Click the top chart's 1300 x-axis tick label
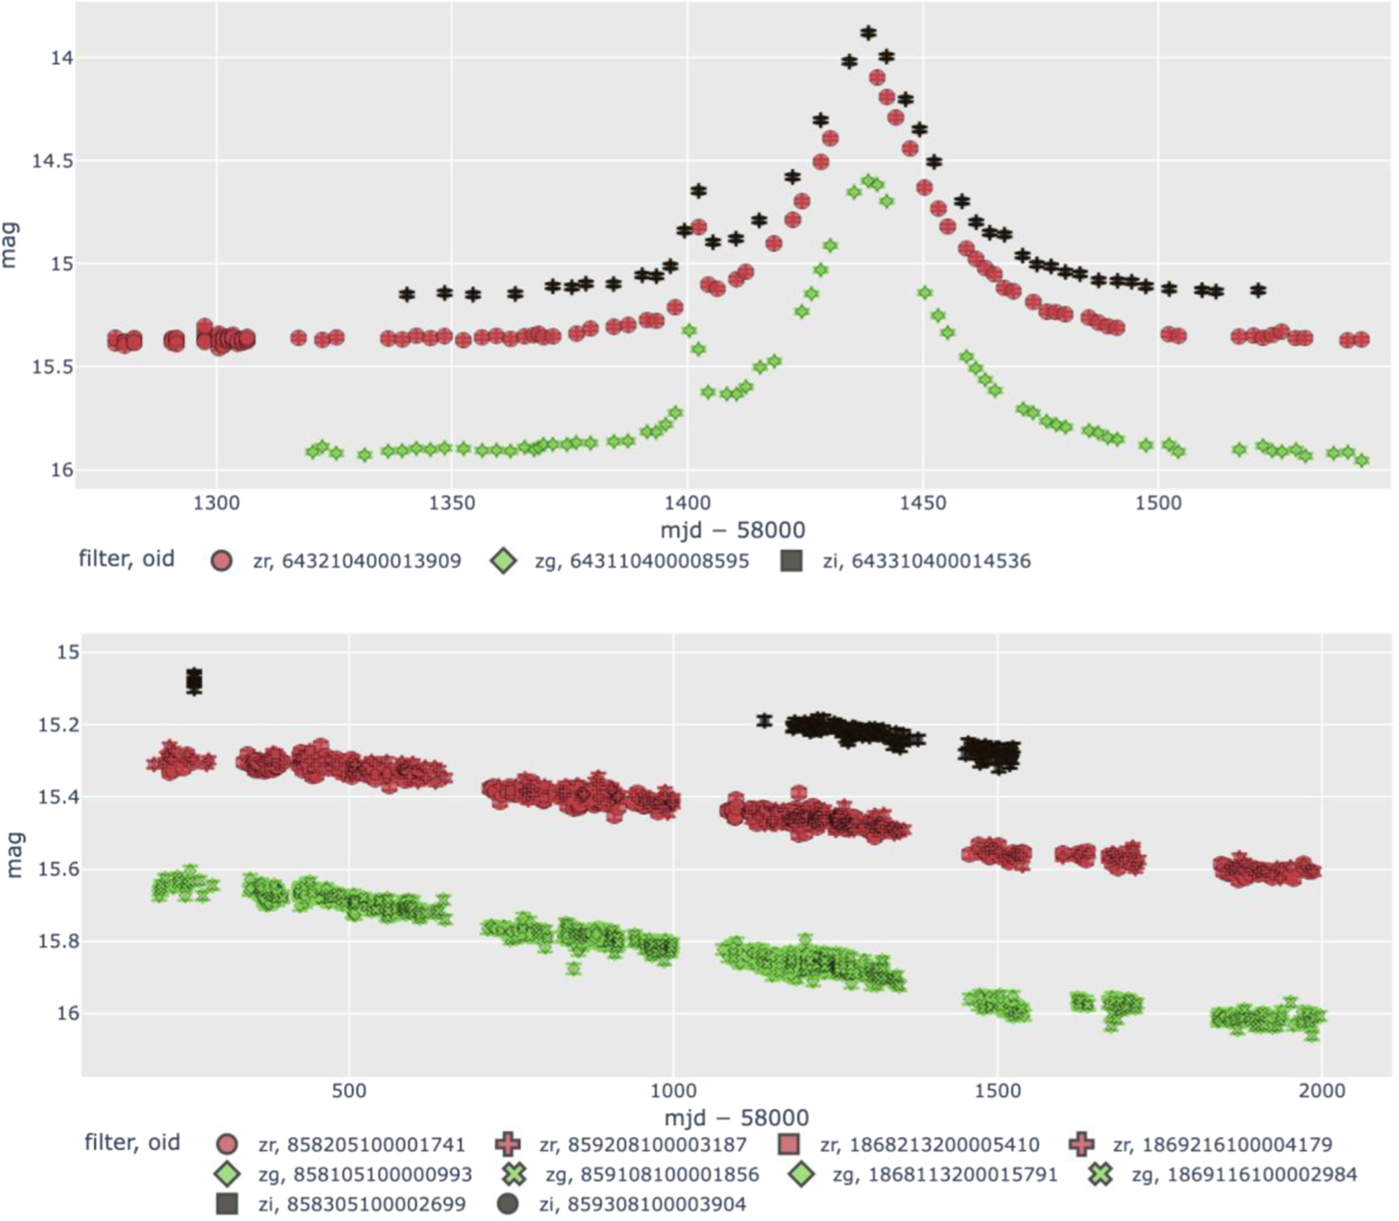tap(216, 503)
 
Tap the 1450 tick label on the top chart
tap(923, 503)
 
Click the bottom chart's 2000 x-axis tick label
tap(1322, 1090)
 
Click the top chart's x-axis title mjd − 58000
tap(732, 530)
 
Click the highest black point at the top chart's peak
tap(868, 32)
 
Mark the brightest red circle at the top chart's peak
tap(877, 78)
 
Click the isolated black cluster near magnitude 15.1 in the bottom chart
tap(194, 680)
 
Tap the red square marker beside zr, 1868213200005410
tap(788, 1144)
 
